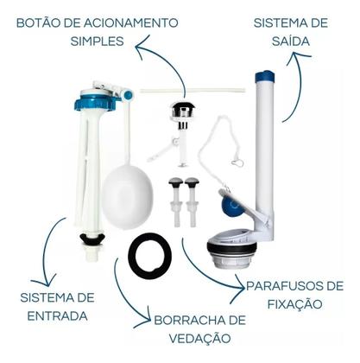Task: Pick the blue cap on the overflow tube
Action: pos(263,78)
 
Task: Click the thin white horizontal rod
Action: pos(182,90)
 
